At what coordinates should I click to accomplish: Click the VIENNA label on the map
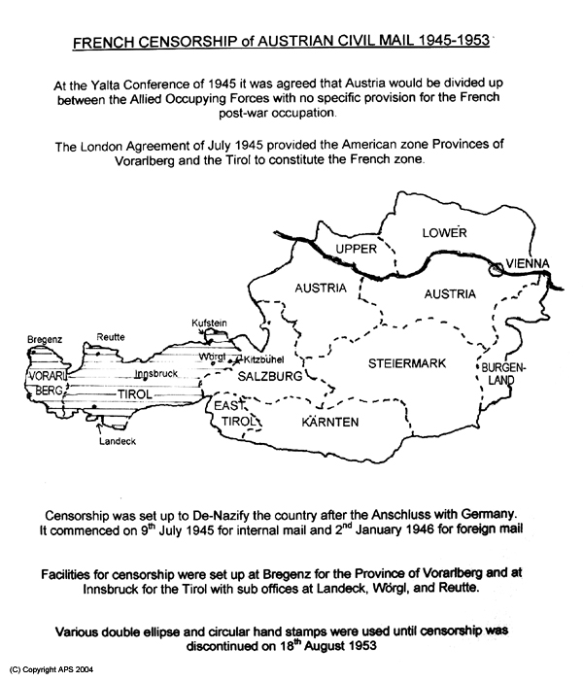526,263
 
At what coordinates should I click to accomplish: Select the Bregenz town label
45,340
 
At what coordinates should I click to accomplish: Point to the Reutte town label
111,336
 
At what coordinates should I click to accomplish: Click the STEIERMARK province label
406,363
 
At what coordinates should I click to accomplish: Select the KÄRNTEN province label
333,423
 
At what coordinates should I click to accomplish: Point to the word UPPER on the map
355,250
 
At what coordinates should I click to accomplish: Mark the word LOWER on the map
444,233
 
